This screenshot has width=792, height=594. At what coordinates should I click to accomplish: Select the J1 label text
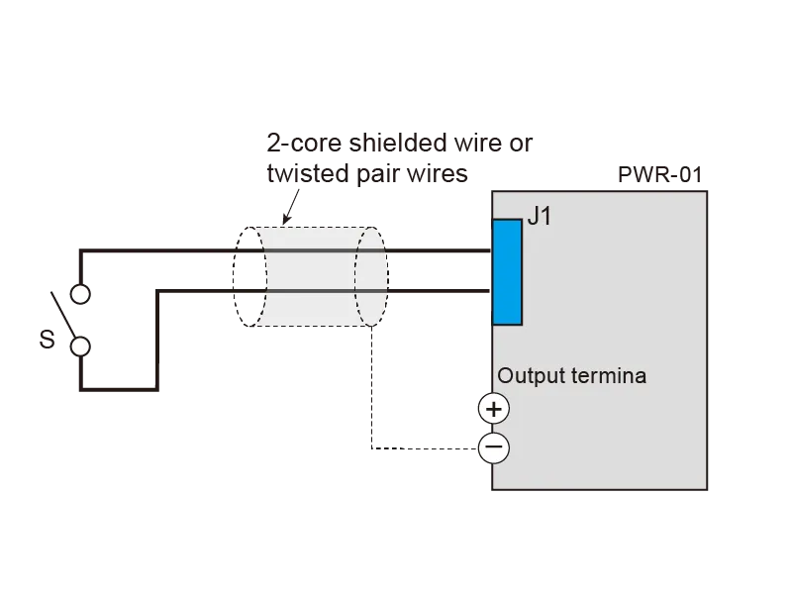(x=540, y=217)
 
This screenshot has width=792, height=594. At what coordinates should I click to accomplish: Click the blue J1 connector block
(x=508, y=271)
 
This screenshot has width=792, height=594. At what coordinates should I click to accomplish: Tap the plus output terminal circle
(x=493, y=409)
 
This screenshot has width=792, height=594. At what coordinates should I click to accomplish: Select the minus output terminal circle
(x=493, y=448)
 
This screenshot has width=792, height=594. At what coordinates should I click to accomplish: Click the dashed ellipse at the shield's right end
(x=370, y=276)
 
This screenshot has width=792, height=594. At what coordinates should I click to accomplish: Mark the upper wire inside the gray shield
(x=307, y=251)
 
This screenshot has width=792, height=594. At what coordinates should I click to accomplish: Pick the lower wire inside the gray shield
(x=307, y=290)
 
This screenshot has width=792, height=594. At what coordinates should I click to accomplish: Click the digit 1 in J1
(x=545, y=217)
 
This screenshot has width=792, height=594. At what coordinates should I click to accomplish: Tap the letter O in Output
(x=506, y=376)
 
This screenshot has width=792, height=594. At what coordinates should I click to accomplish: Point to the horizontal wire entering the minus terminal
(x=426, y=447)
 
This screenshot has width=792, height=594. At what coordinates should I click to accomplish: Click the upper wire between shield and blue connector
(x=441, y=251)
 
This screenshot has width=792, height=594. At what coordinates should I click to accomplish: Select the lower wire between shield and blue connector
(x=441, y=290)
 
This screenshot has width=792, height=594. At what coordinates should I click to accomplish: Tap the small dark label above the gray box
(x=661, y=174)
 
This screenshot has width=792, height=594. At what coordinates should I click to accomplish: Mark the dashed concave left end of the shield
(x=259, y=276)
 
